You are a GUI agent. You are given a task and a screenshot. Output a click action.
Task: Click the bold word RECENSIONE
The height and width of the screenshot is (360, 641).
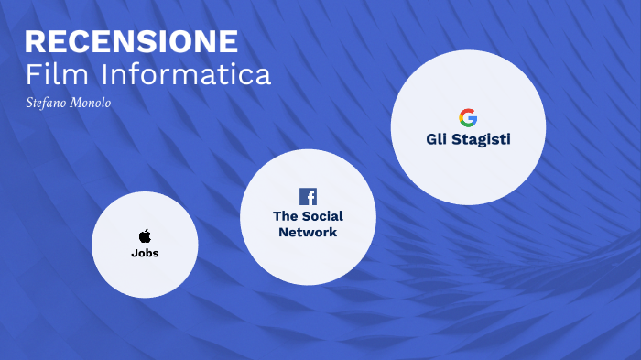pos(131,42)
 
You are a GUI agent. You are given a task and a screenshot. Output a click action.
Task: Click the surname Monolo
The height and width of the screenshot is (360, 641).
pos(91,103)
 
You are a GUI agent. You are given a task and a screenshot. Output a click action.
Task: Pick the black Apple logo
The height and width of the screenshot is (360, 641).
pos(145,236)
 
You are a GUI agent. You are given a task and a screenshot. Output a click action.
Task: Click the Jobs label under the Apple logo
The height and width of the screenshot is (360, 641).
pos(145,253)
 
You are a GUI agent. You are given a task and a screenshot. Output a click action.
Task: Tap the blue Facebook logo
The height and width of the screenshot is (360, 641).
pos(308,196)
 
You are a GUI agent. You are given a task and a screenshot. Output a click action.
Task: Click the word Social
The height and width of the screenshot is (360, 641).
pos(322,216)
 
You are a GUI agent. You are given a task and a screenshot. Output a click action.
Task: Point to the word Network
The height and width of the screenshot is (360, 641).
pos(308,233)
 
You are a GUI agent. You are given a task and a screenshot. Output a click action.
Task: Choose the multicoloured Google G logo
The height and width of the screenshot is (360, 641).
pos(468,117)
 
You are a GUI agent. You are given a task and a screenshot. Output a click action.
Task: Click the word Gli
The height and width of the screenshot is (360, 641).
pos(437,139)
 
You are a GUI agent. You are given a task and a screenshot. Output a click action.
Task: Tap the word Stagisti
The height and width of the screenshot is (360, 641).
pos(482,139)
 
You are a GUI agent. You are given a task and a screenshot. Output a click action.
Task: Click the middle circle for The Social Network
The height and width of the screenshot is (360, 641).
pos(308,256)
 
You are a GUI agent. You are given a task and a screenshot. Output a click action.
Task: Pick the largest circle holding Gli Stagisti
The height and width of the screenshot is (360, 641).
pos(468,174)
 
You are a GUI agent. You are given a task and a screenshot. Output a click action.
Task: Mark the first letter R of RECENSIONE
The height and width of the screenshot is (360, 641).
pos(36,42)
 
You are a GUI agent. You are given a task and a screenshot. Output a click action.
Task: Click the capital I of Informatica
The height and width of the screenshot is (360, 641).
pos(104,74)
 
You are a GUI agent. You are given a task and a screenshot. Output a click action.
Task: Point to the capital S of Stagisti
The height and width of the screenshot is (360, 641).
pos(458,139)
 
